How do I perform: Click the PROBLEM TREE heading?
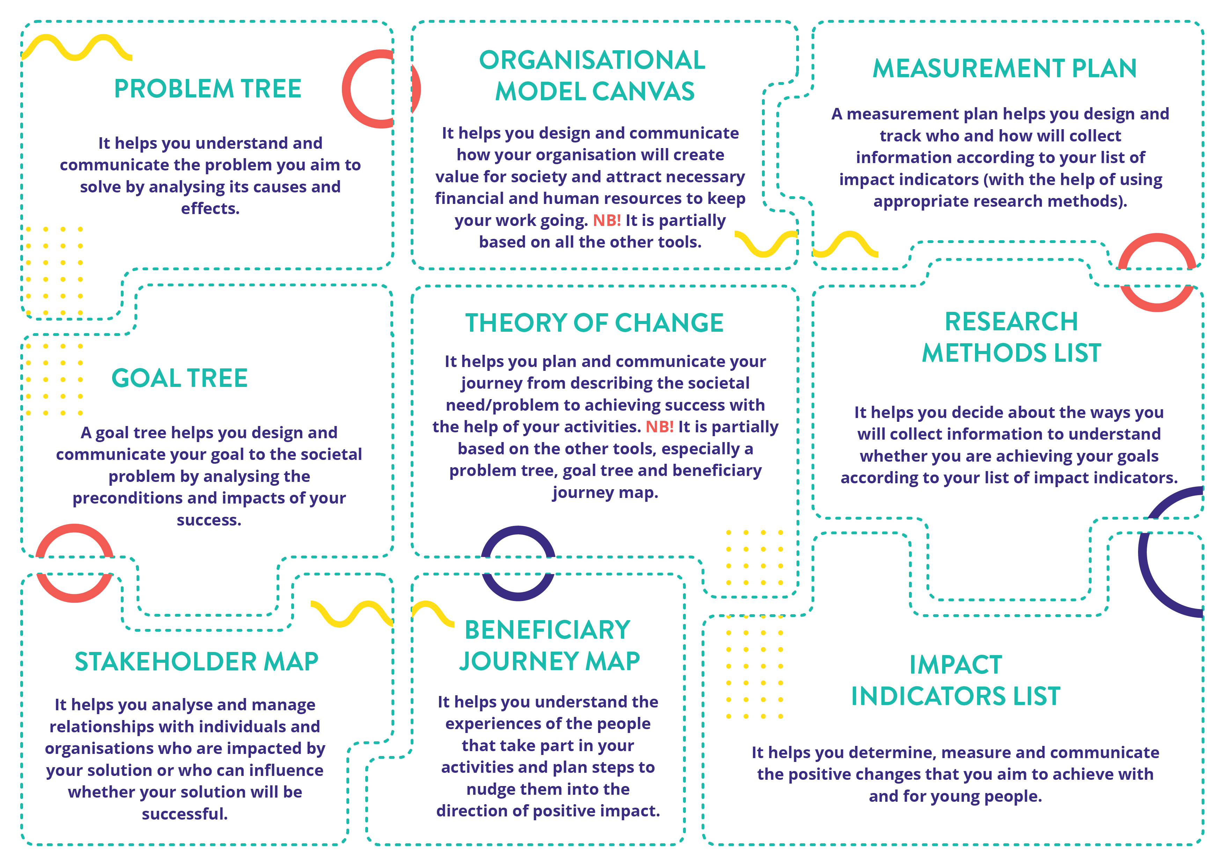(207, 89)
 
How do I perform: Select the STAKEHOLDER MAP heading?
(196, 662)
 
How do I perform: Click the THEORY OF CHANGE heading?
(594, 323)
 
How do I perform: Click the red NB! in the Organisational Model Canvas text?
(607, 220)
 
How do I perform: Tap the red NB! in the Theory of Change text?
(659, 427)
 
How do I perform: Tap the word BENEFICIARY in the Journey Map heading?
(548, 630)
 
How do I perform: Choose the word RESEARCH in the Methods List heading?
(1011, 321)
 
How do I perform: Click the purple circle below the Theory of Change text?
(518, 563)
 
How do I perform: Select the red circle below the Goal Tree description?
(74, 563)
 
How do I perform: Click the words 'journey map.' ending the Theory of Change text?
(605, 492)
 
